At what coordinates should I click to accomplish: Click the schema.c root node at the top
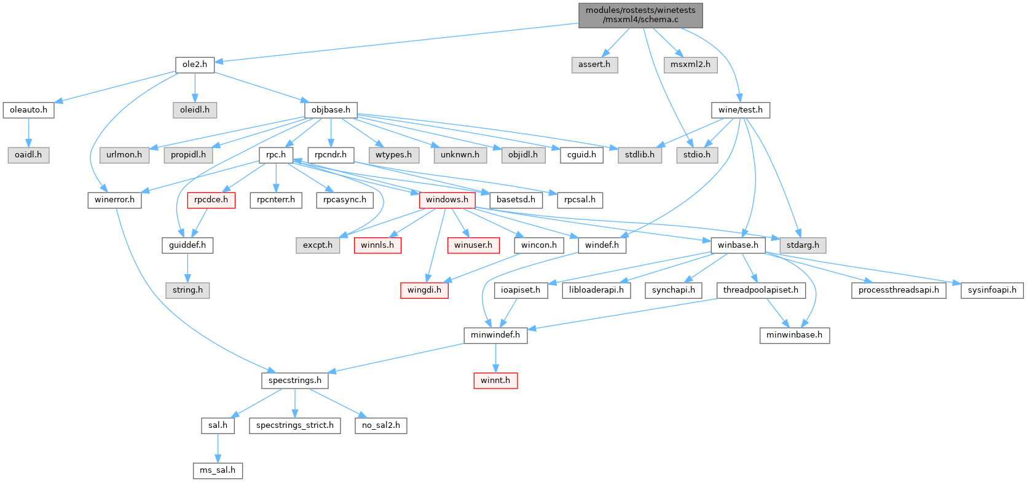[640, 15]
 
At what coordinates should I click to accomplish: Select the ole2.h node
[194, 65]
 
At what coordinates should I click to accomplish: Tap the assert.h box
[594, 65]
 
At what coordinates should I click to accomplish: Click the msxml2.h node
[690, 65]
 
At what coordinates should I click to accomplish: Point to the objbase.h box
[331, 110]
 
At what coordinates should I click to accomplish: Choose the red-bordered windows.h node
[447, 200]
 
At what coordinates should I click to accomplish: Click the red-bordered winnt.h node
[495, 381]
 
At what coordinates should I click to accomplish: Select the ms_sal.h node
[218, 470]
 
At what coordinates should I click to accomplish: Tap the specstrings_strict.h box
[295, 425]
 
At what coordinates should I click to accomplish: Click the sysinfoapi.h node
[992, 290]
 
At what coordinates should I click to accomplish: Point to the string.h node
[187, 290]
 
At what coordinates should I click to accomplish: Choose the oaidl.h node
[28, 155]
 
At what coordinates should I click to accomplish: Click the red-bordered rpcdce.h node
[211, 200]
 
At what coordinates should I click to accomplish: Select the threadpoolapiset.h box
[760, 290]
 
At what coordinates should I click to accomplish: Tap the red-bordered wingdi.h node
[424, 290]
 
